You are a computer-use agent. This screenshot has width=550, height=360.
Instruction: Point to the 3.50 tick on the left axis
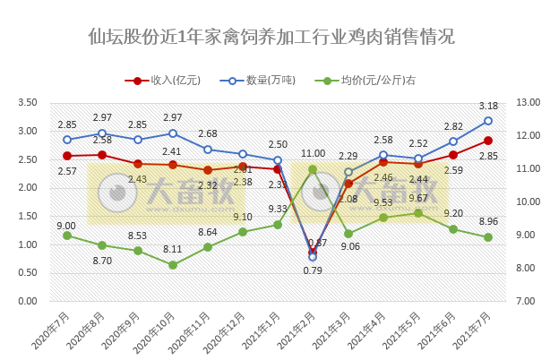[x=27, y=103]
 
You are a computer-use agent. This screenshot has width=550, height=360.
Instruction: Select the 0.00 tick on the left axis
[x=27, y=301]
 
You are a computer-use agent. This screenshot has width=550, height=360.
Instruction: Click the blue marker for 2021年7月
[x=488, y=121]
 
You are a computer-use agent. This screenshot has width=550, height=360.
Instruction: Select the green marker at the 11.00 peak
[x=313, y=169]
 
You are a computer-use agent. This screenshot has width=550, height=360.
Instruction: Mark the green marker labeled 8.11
[x=173, y=265]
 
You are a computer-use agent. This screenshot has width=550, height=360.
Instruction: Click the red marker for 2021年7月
[x=488, y=140]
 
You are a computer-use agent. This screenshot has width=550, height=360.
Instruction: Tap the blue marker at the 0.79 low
[x=313, y=257]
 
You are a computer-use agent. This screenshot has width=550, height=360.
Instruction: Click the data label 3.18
[x=488, y=107]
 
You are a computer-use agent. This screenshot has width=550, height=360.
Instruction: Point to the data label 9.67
[x=417, y=199]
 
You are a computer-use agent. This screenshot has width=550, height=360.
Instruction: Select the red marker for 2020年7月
[x=67, y=156]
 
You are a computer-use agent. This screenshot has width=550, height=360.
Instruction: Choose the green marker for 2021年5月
[x=417, y=213]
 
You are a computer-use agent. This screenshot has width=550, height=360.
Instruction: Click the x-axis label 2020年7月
[x=54, y=328]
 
